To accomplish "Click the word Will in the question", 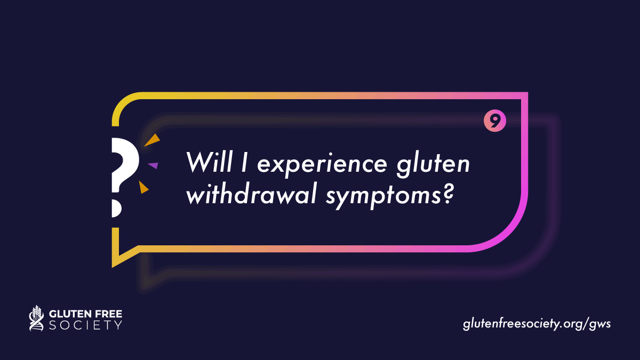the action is (209, 162).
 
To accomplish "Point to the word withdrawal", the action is (251, 194).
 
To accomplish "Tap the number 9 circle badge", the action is (495, 121).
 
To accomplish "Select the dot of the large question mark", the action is (116, 209).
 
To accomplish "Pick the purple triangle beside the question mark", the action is (153, 165).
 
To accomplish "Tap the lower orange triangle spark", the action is (143, 187).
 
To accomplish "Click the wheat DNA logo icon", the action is (37, 318).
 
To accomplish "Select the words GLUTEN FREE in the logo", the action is (85, 314).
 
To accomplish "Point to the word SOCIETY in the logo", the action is (85, 325).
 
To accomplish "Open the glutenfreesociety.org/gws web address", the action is (537, 324).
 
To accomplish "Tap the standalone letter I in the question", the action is (244, 162).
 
